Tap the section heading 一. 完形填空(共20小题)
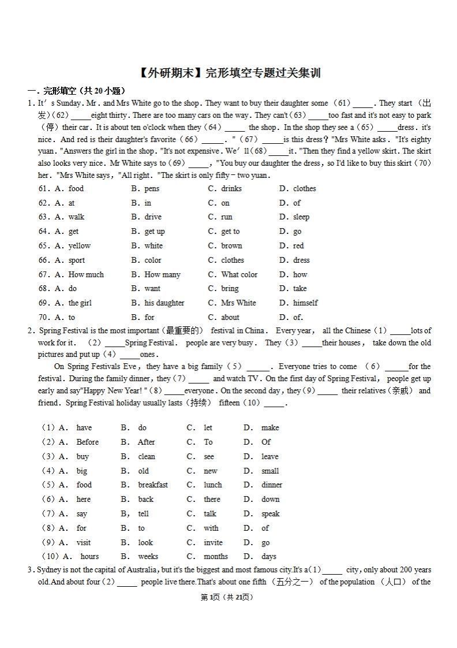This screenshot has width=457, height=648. tap(76, 91)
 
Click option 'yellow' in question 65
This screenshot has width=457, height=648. tap(80, 245)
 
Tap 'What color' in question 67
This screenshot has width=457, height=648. tap(239, 274)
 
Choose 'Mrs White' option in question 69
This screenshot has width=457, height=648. tap(238, 303)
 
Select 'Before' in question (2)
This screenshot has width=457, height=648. tap(88, 442)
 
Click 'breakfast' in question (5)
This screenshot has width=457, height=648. tap(153, 485)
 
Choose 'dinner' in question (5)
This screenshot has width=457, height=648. tap(272, 485)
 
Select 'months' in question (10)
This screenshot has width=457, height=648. tap(215, 556)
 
